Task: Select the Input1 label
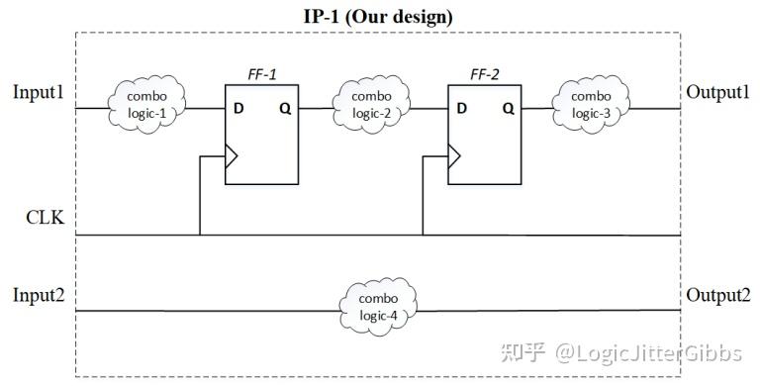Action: point(39,93)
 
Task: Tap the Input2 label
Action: point(39,295)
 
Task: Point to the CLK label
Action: point(45,217)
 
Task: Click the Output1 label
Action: point(717,93)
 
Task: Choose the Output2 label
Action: point(717,295)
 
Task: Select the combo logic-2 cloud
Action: point(373,105)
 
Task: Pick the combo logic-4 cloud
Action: point(379,307)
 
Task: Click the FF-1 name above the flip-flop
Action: point(261,73)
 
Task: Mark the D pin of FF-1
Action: point(238,108)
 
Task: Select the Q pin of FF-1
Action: point(285,108)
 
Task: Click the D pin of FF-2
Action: point(460,108)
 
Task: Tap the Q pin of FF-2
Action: point(508,108)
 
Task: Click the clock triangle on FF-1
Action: point(233,154)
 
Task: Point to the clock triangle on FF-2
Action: point(454,154)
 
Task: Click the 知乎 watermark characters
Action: point(522,351)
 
